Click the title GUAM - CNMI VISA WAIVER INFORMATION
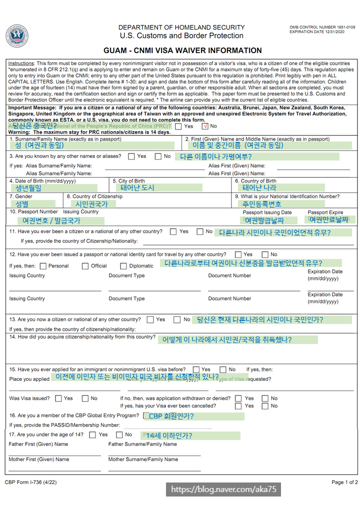182,50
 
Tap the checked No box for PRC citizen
205,126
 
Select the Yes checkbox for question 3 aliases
131,156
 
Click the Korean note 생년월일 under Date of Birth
28,188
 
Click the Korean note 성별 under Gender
22,204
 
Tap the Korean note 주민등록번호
261,204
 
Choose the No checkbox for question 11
200,231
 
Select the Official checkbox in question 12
85,266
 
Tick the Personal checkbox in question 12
42,266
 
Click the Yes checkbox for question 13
150,319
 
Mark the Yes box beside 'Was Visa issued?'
58,398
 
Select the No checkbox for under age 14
119,434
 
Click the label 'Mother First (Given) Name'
39,459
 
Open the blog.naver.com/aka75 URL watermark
223,489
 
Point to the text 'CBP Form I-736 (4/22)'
31,482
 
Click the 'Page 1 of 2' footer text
344,482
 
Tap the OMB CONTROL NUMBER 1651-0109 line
322,27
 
